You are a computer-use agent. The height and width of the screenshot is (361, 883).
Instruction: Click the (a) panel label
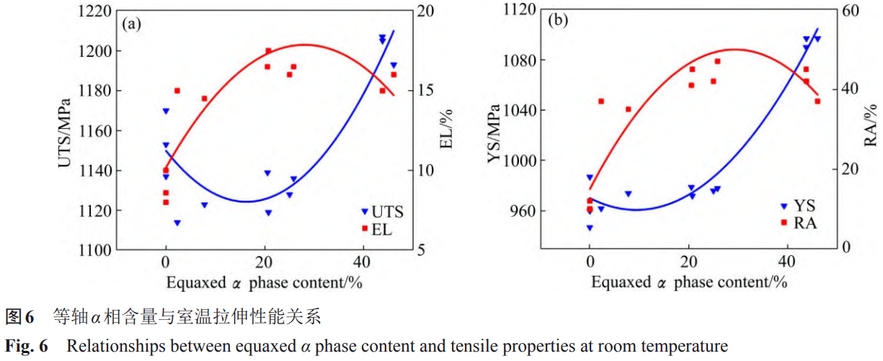point(130,24)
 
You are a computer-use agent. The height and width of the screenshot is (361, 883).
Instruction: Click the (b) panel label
point(558,21)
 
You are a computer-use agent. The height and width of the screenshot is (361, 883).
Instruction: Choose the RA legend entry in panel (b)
point(804,223)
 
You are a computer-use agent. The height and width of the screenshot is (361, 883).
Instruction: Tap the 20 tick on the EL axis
point(426,11)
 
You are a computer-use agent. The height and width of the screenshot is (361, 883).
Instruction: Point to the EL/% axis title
point(447,130)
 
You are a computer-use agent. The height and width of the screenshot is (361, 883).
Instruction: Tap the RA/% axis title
point(871,122)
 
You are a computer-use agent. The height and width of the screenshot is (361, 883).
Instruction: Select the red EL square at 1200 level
point(268,51)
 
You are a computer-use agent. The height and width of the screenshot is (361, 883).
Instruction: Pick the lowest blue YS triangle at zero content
point(590,228)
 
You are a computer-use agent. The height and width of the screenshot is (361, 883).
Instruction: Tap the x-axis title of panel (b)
point(689,282)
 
